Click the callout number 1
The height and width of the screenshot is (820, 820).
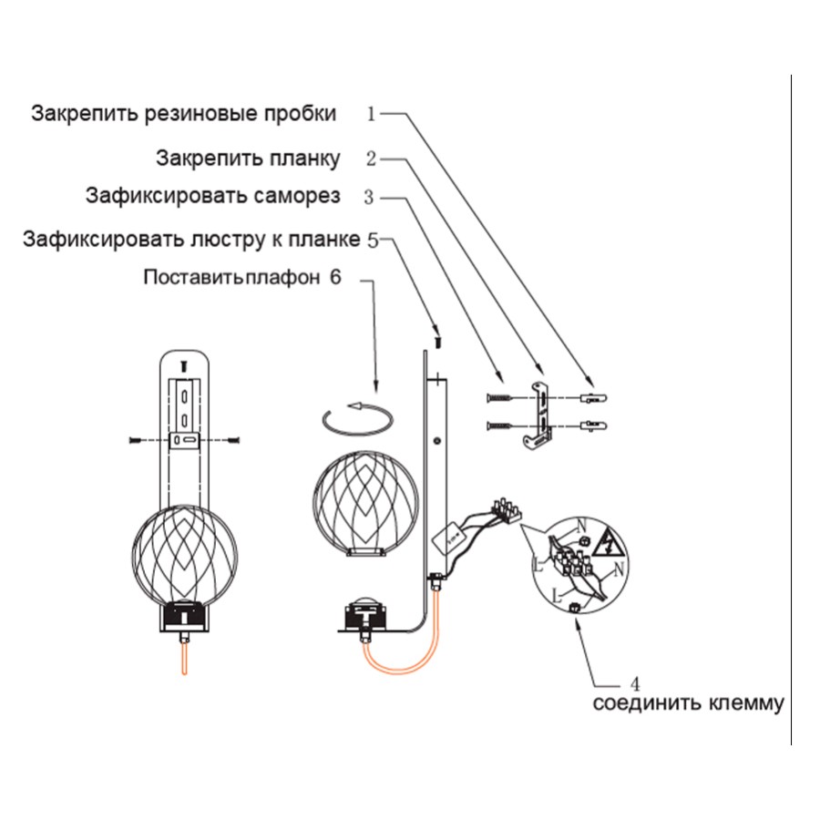pyautogui.click(x=371, y=114)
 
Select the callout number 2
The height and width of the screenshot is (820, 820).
pyautogui.click(x=371, y=159)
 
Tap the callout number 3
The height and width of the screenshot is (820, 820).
pyautogui.click(x=369, y=196)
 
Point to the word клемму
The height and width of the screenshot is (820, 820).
pyautogui.click(x=743, y=703)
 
